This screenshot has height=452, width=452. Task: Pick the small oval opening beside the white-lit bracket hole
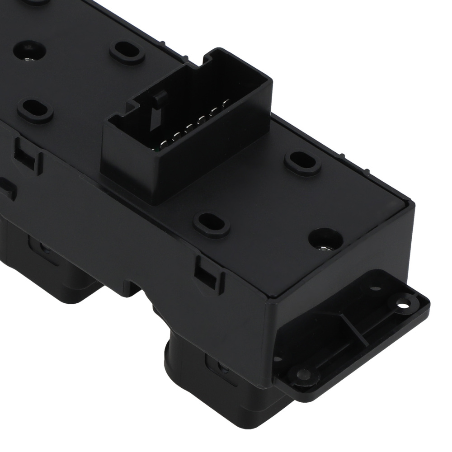pyautogui.click(x=375, y=287)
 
